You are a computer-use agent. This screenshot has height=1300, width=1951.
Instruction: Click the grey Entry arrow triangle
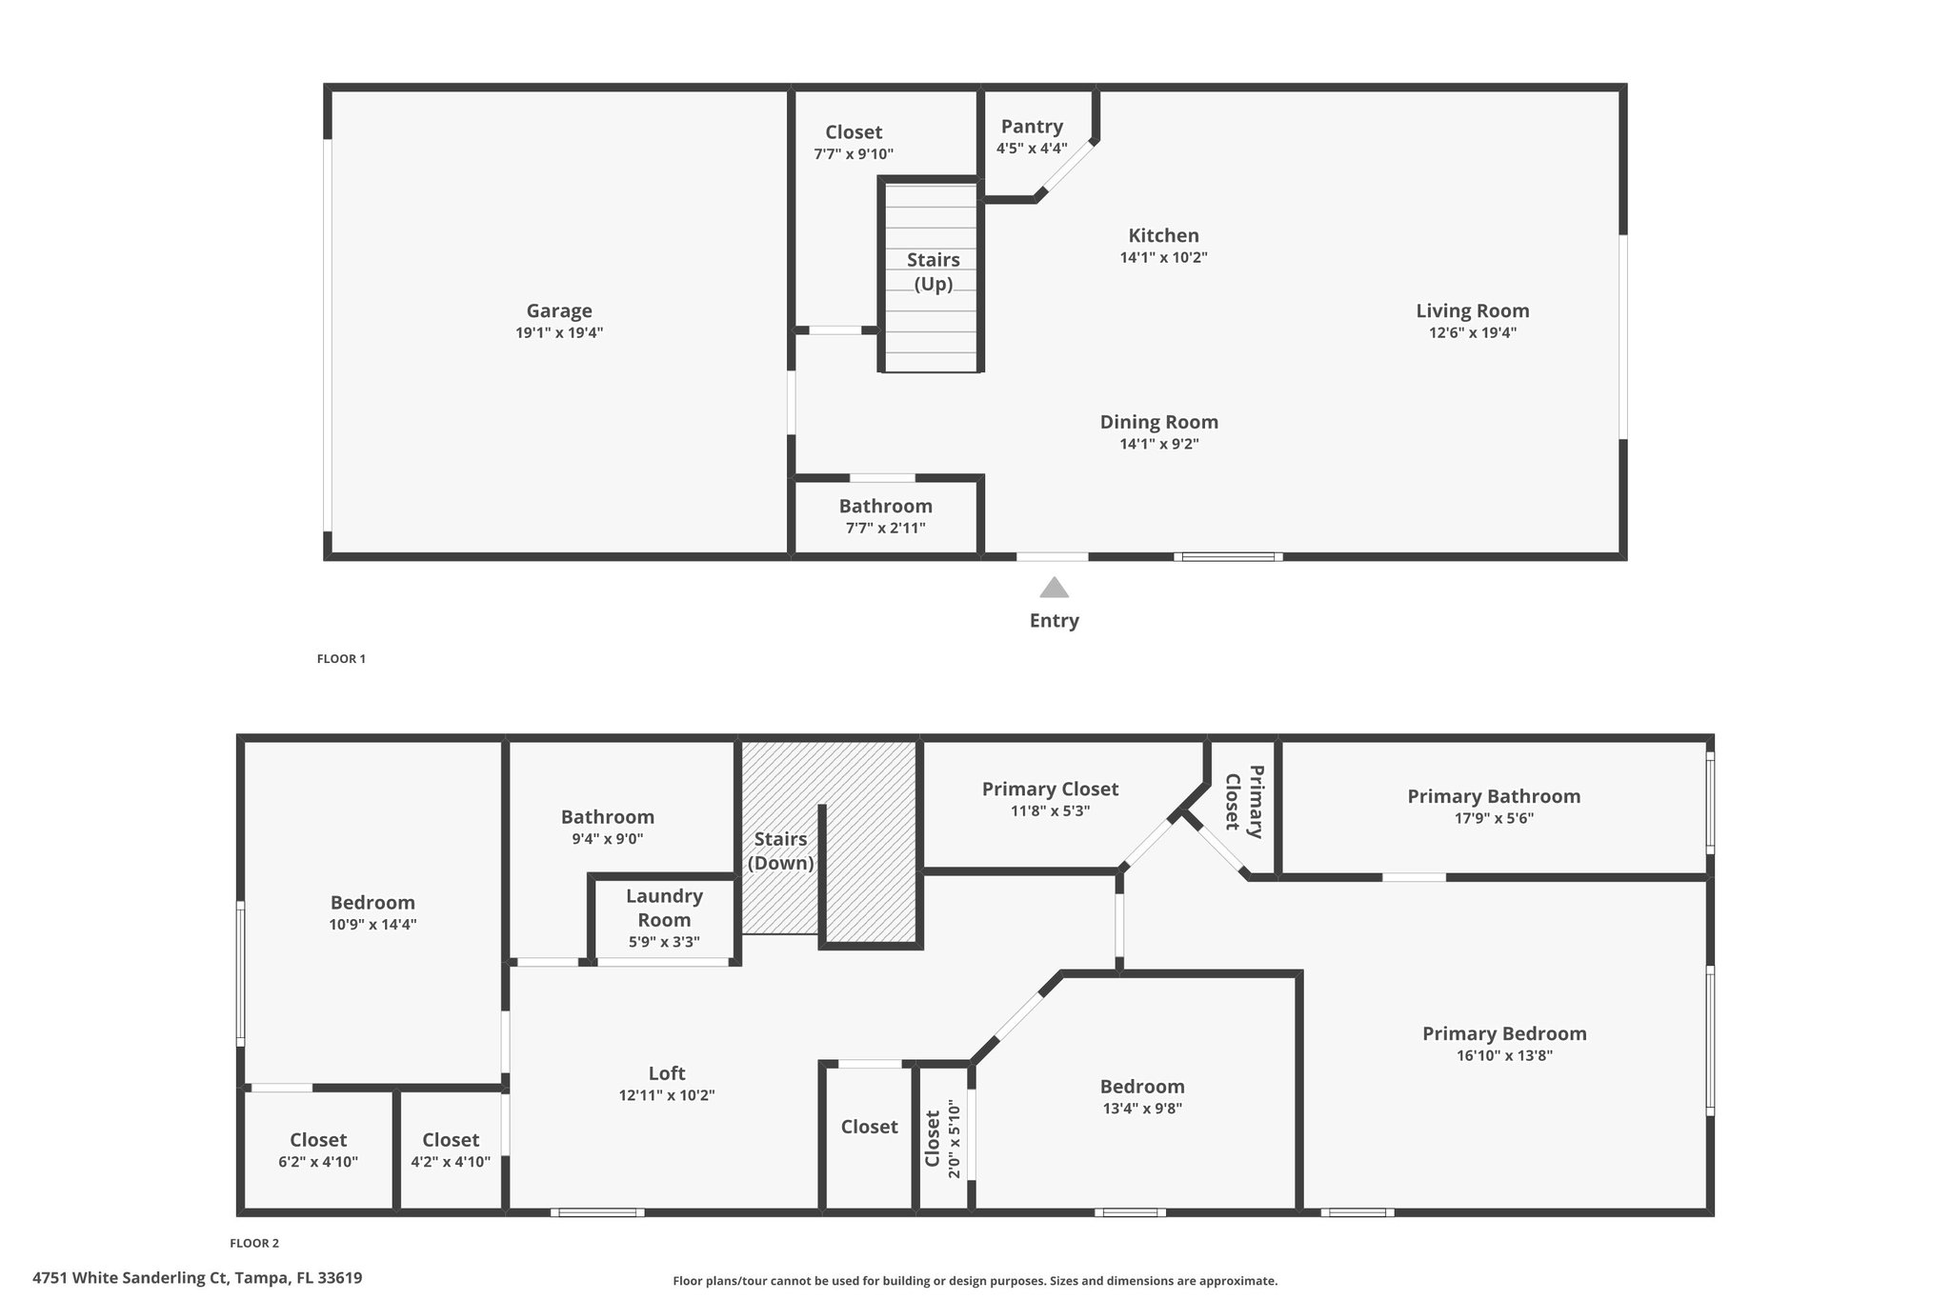pyautogui.click(x=1054, y=587)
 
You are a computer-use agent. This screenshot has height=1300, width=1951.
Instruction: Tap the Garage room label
pyautogui.click(x=559, y=310)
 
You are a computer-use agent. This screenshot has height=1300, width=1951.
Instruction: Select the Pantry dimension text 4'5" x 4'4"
pyautogui.click(x=1032, y=149)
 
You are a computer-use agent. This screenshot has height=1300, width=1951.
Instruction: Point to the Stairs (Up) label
pyautogui.click(x=934, y=271)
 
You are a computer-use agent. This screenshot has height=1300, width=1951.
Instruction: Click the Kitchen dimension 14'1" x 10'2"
pyautogui.click(x=1163, y=257)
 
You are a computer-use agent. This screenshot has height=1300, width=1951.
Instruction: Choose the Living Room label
pyautogui.click(x=1473, y=310)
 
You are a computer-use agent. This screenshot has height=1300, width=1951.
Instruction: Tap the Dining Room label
pyautogui.click(x=1159, y=422)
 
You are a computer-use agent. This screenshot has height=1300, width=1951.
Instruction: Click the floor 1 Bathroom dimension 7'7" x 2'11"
pyautogui.click(x=886, y=529)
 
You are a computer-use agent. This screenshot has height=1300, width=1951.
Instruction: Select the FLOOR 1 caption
pyautogui.click(x=341, y=659)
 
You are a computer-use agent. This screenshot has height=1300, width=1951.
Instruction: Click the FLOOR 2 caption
pyautogui.click(x=254, y=1243)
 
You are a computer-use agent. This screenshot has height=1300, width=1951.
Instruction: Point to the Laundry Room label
pyautogui.click(x=664, y=908)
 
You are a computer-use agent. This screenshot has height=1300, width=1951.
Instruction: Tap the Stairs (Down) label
pyautogui.click(x=781, y=850)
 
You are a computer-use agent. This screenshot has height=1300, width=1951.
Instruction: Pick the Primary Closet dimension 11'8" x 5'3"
pyautogui.click(x=1050, y=811)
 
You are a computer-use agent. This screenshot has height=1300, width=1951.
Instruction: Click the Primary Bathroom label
pyautogui.click(x=1494, y=796)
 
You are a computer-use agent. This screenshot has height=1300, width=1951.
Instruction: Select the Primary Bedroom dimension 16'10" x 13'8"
pyautogui.click(x=1504, y=1055)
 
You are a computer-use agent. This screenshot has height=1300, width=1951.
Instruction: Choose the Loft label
pyautogui.click(x=667, y=1073)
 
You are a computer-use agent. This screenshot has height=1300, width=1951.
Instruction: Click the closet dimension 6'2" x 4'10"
pyautogui.click(x=318, y=1162)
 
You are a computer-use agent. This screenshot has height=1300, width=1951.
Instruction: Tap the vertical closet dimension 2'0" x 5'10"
pyautogui.click(x=955, y=1139)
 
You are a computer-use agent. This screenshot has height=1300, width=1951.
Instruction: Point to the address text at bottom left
pyautogui.click(x=197, y=1278)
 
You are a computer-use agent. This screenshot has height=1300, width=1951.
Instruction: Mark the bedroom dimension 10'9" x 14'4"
pyautogui.click(x=373, y=924)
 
